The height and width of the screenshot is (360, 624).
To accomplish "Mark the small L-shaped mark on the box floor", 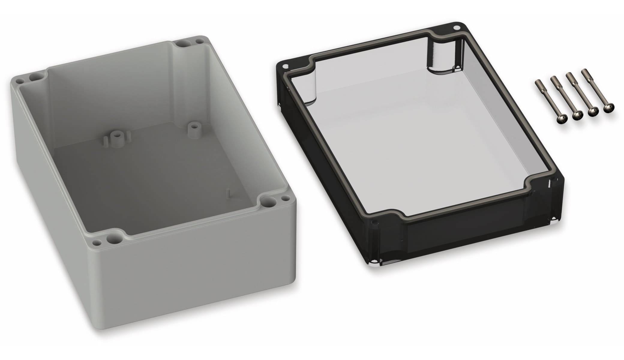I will pos(229,193).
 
